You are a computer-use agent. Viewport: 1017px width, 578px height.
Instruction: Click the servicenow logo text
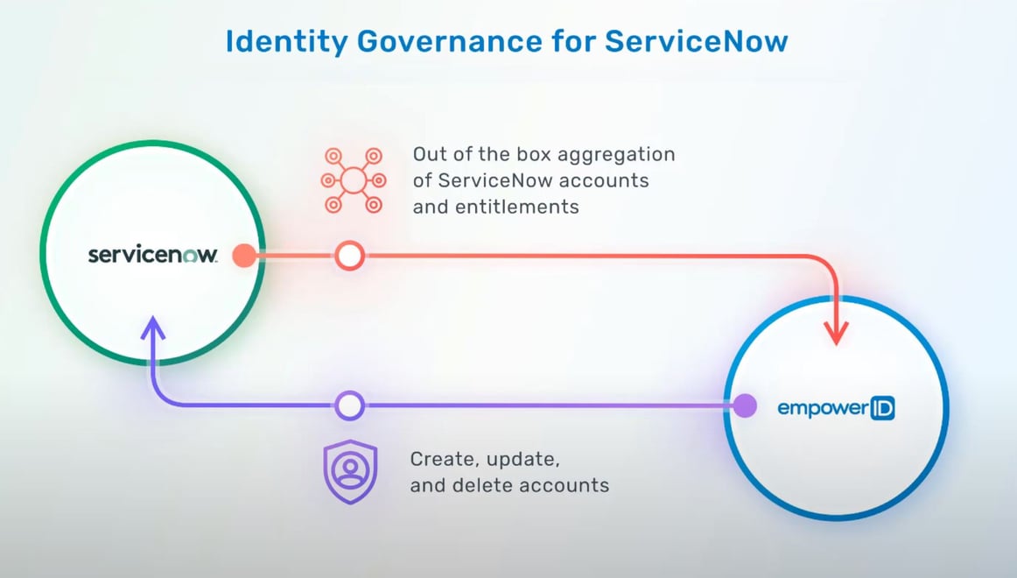[152, 255]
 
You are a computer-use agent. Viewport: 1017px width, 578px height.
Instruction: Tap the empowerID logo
[836, 407]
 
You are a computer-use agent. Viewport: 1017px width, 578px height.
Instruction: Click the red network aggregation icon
[353, 181]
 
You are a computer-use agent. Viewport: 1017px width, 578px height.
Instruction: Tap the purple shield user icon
[350, 472]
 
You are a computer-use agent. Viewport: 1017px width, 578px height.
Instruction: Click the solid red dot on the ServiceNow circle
[244, 256]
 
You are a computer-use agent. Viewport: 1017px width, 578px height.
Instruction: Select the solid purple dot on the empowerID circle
[744, 405]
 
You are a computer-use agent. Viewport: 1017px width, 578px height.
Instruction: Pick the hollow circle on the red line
[349, 256]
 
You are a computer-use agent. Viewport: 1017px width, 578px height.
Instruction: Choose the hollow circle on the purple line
[349, 405]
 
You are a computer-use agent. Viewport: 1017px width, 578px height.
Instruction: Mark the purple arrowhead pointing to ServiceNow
[153, 330]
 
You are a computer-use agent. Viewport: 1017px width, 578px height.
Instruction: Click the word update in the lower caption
[521, 459]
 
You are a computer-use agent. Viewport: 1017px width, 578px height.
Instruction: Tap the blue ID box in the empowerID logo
[881, 407]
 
